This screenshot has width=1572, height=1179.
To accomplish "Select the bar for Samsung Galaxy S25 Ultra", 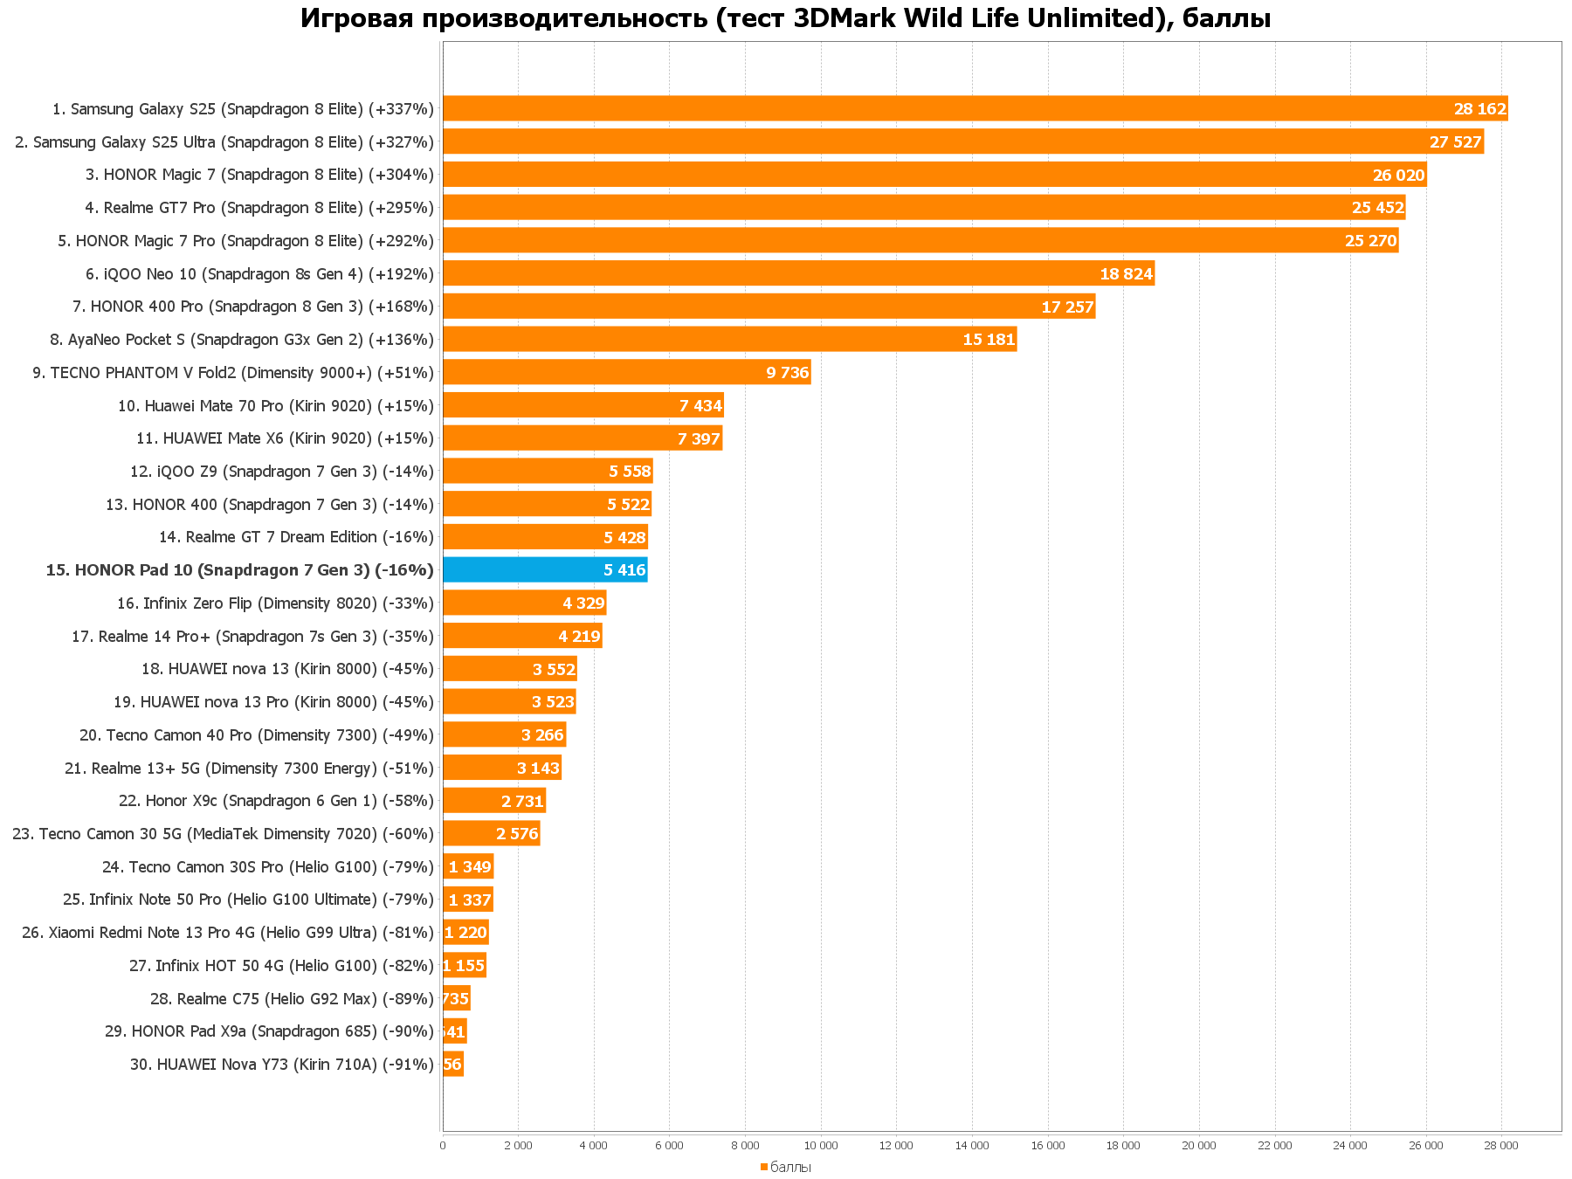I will [961, 141].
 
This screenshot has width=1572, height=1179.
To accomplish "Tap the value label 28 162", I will [1480, 109].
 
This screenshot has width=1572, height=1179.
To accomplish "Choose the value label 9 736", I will [788, 373].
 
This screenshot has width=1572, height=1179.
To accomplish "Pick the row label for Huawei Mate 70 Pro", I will [275, 406].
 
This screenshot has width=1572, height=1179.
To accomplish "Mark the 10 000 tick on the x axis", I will [821, 1145].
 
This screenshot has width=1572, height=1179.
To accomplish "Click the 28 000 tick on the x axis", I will [1502, 1145].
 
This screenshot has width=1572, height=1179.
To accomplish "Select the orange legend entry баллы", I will [786, 1167].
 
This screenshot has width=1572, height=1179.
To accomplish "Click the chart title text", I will [785, 18].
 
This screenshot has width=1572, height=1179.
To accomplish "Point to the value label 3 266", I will [542, 735].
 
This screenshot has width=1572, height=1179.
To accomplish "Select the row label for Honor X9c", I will [275, 801].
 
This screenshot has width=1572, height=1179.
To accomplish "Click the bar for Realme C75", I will [456, 998].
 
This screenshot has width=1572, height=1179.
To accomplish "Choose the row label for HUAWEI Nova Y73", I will [281, 1065].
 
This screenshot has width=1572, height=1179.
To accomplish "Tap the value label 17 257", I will [1067, 307].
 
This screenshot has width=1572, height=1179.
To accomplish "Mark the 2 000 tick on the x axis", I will [518, 1145].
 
